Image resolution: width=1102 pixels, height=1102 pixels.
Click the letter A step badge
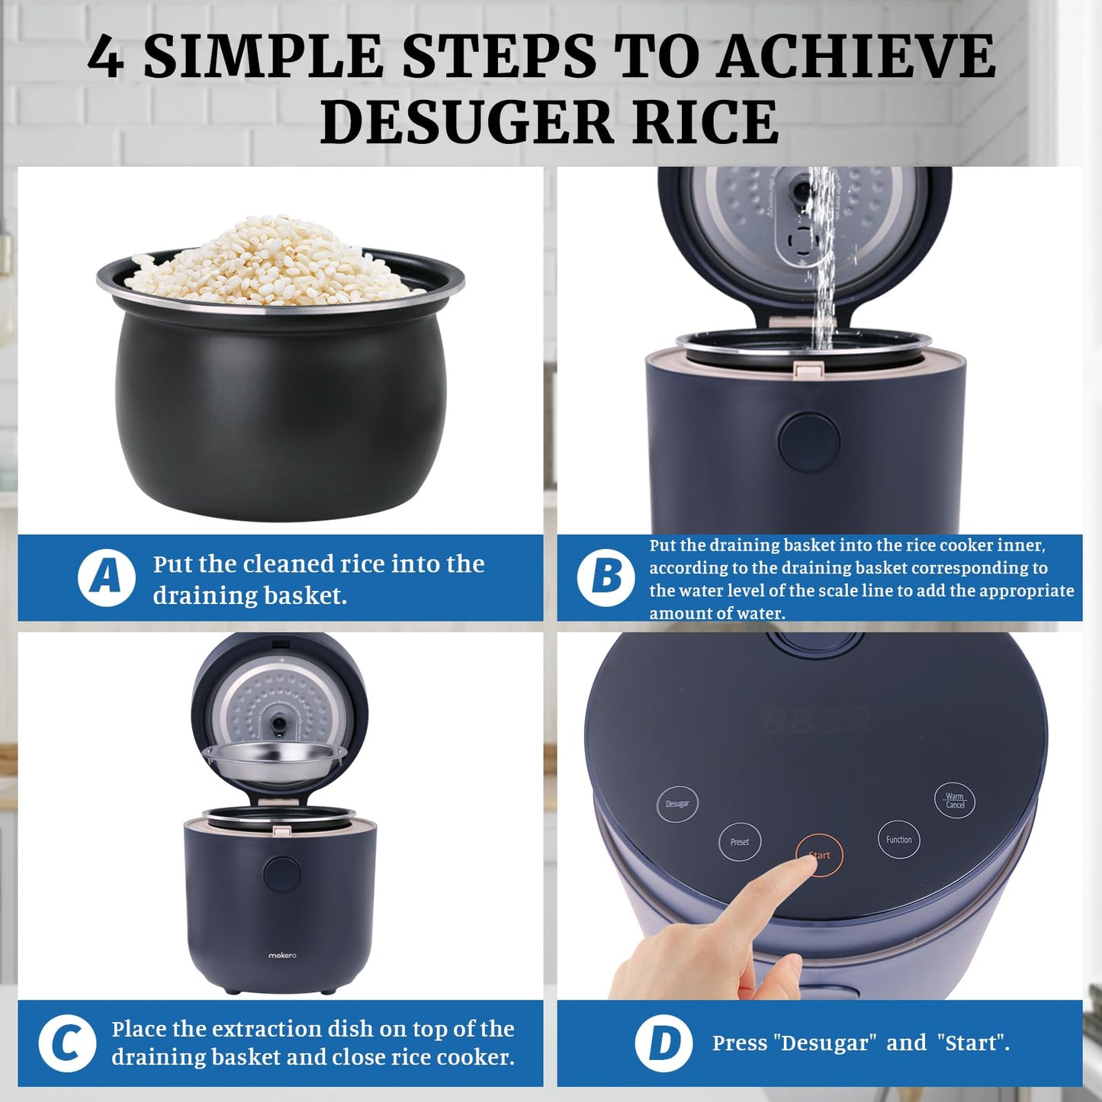pos(106,577)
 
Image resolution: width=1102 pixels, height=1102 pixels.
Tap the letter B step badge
pos(606,577)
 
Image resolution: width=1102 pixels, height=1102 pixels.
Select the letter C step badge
pos(67,1044)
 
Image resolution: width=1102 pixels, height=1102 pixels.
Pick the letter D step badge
pos(663,1044)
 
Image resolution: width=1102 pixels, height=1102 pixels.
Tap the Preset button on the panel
pos(740,842)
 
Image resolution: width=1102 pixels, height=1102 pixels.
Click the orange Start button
pos(820,855)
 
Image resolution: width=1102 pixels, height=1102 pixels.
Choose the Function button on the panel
pos(899,840)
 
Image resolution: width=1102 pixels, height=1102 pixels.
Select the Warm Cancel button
pos(955,799)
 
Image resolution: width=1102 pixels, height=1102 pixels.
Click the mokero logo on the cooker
pos(282,955)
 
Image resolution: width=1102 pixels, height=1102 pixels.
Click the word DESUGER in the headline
pos(467,122)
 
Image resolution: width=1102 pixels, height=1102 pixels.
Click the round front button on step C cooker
pos(282,875)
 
